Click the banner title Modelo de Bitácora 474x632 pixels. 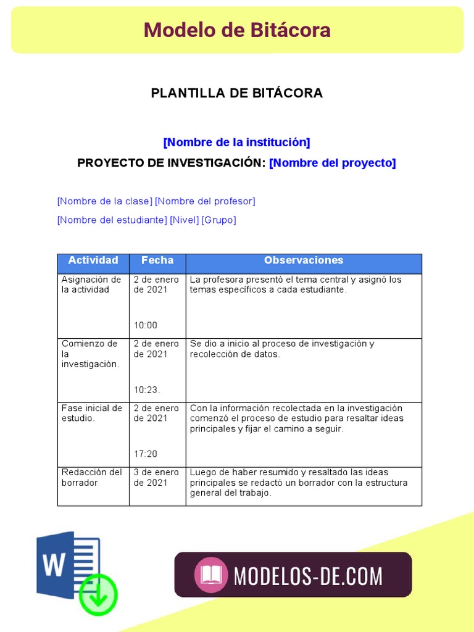237,30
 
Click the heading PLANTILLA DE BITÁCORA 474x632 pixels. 237,93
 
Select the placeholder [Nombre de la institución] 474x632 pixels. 236,143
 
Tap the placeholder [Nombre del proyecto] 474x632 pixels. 332,163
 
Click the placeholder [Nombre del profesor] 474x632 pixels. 205,201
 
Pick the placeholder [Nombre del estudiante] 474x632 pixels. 112,220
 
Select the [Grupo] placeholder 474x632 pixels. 218,220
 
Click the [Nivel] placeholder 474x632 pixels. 184,220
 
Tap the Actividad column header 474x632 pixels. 93,260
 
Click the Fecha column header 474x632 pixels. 157,260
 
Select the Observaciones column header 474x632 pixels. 304,260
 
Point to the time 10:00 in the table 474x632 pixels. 146,325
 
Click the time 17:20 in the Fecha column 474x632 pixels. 146,454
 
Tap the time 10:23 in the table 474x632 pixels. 147,389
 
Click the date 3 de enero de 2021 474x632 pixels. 156,477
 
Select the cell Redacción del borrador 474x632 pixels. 91,477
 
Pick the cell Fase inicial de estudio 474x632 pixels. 91,413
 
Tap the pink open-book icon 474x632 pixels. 211,575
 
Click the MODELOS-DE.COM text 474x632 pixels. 308,576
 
